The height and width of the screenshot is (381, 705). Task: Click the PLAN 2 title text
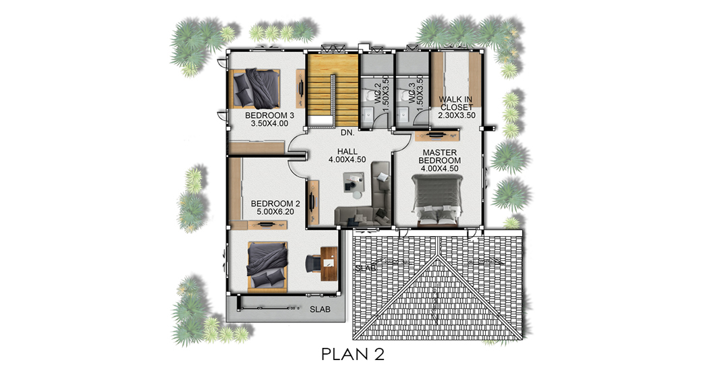pyautogui.click(x=353, y=355)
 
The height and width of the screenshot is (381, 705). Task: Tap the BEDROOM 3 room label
pyautogui.click(x=269, y=115)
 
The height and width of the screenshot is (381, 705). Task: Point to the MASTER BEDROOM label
pyautogui.click(x=440, y=156)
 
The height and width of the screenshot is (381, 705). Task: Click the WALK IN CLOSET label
pyautogui.click(x=456, y=103)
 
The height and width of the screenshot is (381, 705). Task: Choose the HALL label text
pyautogui.click(x=347, y=152)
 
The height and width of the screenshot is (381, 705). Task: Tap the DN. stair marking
pyautogui.click(x=347, y=133)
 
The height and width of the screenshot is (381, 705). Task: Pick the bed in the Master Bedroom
pyautogui.click(x=437, y=200)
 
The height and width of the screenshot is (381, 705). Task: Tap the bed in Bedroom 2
pyautogui.click(x=267, y=266)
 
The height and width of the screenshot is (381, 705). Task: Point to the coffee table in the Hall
pyautogui.click(x=353, y=183)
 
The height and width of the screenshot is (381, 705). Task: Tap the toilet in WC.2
pyautogui.click(x=370, y=95)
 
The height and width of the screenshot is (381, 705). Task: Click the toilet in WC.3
pyautogui.click(x=405, y=95)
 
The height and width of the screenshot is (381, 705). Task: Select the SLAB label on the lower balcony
pyautogui.click(x=320, y=310)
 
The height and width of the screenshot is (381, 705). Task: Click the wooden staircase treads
pyautogui.click(x=333, y=90)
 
